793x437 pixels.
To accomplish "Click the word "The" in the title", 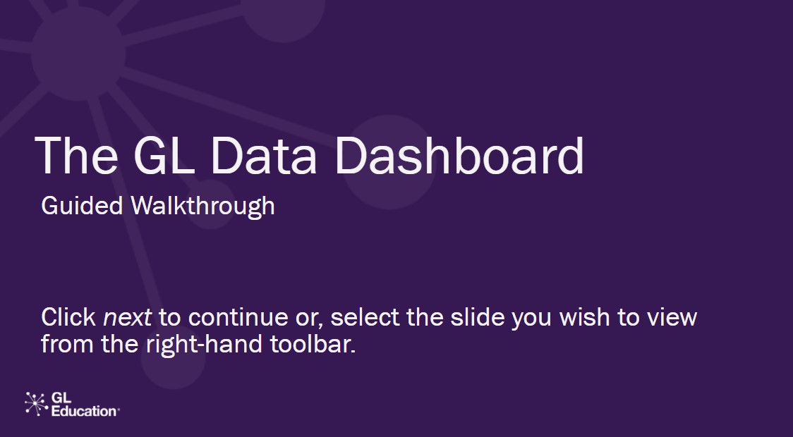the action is coord(76,156).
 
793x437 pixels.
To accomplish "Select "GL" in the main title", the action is coord(164,156).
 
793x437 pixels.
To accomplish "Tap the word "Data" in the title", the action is coord(263,156).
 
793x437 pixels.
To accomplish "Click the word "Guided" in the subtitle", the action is coord(82,206).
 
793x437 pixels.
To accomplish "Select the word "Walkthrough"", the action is coord(202,206).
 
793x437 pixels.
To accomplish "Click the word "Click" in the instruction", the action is coord(68,317).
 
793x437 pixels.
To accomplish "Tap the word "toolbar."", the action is coord(313,344).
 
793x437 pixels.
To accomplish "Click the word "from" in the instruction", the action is coord(67,344).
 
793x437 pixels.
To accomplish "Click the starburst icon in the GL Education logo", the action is coord(37,404).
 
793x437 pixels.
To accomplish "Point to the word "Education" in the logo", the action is coord(85,411).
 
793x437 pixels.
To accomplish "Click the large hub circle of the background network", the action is coord(78,54).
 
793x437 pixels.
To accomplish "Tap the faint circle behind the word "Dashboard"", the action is coord(390,162).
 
